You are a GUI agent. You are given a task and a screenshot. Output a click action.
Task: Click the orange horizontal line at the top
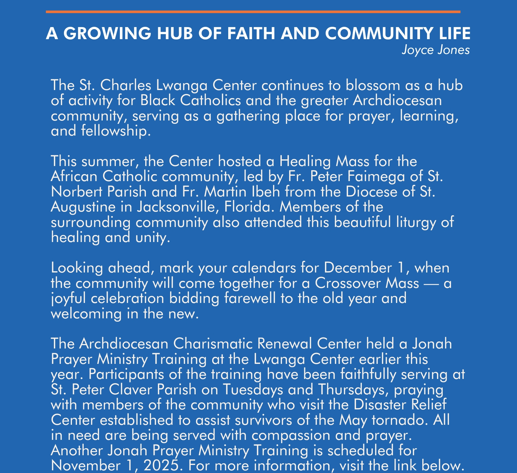pos(253,12)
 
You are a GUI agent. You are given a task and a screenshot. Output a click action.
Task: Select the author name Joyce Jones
pos(436,50)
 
